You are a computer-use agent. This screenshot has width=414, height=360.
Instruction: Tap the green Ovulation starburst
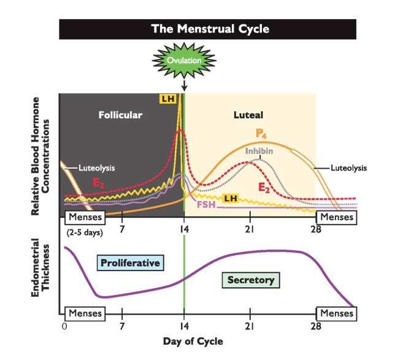click(x=185, y=60)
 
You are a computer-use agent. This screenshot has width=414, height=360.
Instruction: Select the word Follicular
click(x=121, y=115)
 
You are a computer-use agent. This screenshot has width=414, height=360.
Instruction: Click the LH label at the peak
click(x=167, y=98)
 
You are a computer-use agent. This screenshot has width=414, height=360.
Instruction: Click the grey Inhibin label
click(x=258, y=151)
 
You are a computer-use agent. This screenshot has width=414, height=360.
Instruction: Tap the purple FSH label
click(x=205, y=204)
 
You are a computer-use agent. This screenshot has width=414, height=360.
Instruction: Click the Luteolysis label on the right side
click(x=348, y=167)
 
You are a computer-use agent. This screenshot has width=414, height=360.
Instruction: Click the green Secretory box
click(x=250, y=280)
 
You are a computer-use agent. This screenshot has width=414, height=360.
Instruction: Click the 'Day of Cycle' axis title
click(x=193, y=341)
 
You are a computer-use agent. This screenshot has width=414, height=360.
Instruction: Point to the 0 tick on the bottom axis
click(x=64, y=326)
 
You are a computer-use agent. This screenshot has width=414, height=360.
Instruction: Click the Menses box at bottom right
click(x=337, y=313)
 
